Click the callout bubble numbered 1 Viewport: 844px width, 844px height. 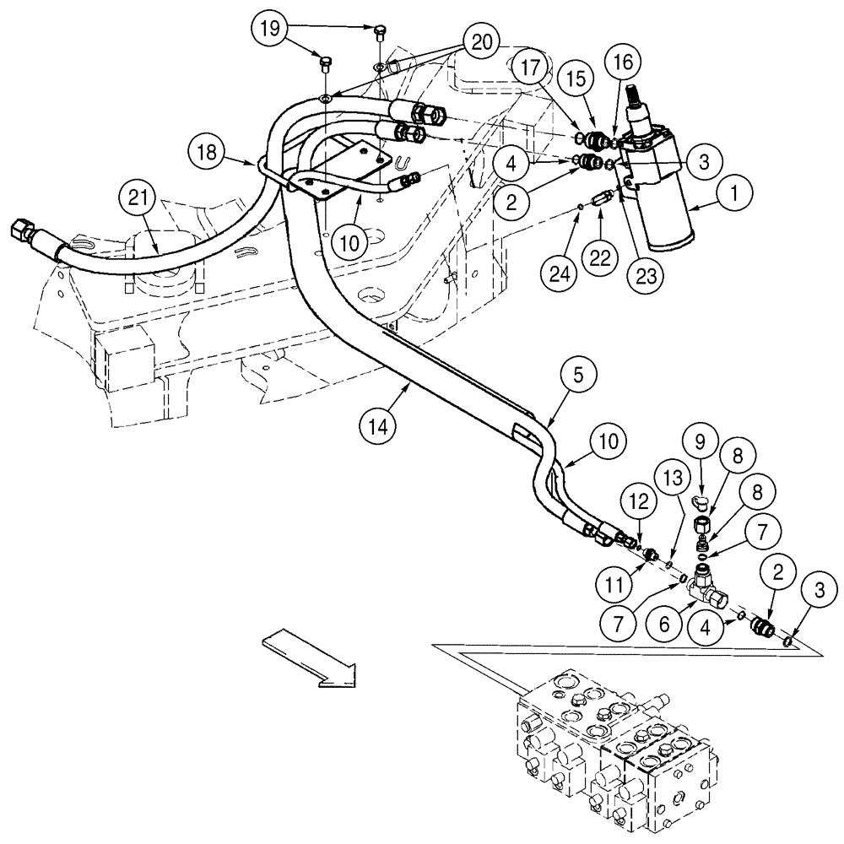click(734, 193)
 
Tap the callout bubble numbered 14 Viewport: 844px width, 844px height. click(381, 426)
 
